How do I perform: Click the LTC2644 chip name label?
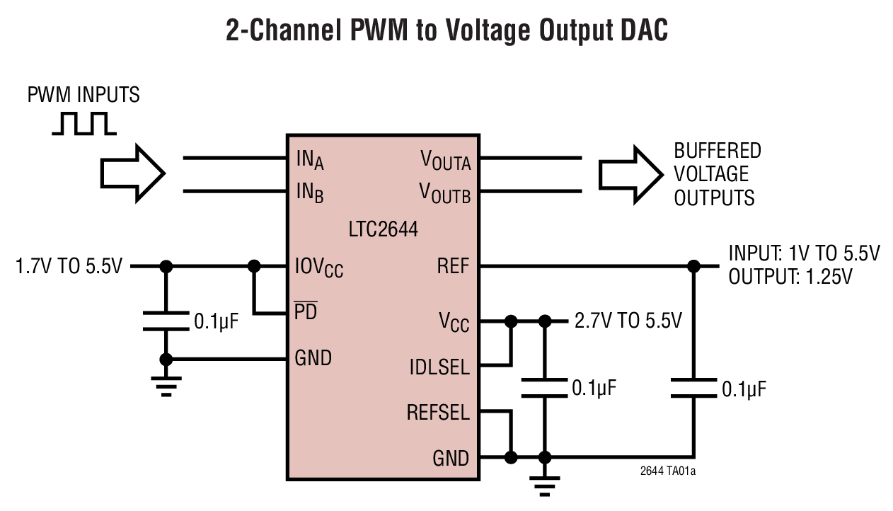pyautogui.click(x=383, y=229)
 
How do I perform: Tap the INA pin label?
pyautogui.click(x=309, y=161)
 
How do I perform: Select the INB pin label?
pyautogui.click(x=309, y=193)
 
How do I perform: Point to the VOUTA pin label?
pyautogui.click(x=445, y=161)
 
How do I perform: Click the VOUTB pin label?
pyautogui.click(x=445, y=193)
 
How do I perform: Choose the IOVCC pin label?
pyautogui.click(x=318, y=268)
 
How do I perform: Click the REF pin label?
pyautogui.click(x=454, y=267)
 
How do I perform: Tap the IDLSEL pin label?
pyautogui.click(x=439, y=367)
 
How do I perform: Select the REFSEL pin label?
pyautogui.click(x=438, y=412)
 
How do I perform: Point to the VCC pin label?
pyautogui.click(x=454, y=323)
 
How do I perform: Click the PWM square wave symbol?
pyautogui.click(x=83, y=123)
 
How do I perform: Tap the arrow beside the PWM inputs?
pyautogui.click(x=133, y=173)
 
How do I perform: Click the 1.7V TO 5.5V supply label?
pyautogui.click(x=69, y=267)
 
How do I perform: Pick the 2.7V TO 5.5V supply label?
pyautogui.click(x=628, y=321)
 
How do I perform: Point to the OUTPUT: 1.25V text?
pyautogui.click(x=790, y=277)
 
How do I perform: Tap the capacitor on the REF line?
pyautogui.click(x=693, y=388)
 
